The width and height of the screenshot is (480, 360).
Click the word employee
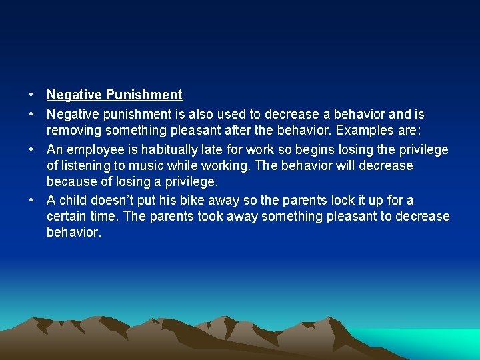click(93, 149)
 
